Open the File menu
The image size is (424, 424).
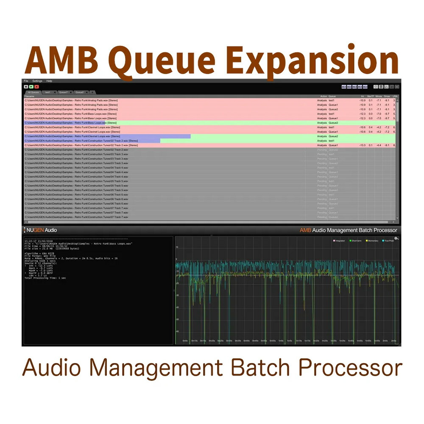click(x=26, y=81)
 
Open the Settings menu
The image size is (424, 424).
click(x=37, y=81)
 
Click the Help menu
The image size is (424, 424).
click(x=49, y=81)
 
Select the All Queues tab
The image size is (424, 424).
click(x=33, y=92)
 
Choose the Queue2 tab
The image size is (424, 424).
click(x=79, y=92)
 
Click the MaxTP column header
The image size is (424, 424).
click(x=370, y=96)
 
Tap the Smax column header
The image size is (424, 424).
click(x=387, y=96)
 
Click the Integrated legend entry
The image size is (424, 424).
click(x=339, y=241)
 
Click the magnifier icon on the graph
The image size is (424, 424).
click(x=396, y=239)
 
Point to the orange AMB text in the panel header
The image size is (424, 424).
click(x=305, y=230)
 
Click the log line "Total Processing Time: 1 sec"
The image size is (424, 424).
click(x=45, y=278)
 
